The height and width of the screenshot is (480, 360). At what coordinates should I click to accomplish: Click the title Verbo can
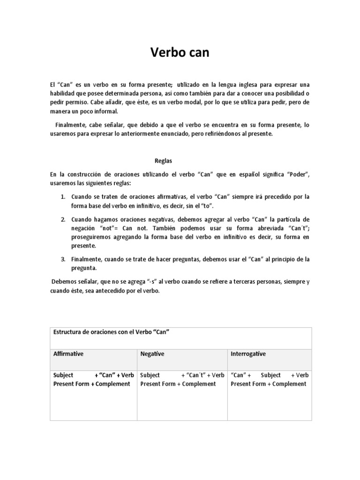(180, 53)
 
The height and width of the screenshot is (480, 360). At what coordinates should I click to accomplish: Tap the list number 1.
(63, 196)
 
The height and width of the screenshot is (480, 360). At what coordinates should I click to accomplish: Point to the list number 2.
(63, 219)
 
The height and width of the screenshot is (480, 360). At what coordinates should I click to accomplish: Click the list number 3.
(63, 259)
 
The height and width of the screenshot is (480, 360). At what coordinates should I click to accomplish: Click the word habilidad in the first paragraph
(63, 93)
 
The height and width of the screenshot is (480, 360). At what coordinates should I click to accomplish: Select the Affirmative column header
(68, 354)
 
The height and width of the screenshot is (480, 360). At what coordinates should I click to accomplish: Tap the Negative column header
(152, 354)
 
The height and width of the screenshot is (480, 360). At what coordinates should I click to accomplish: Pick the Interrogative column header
(248, 354)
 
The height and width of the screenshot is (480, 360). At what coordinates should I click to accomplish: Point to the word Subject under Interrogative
(270, 375)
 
